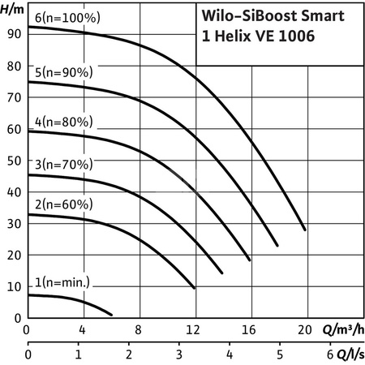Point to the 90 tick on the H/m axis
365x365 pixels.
[x=12, y=34]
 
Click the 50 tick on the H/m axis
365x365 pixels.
[x=12, y=161]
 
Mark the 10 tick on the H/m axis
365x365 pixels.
[x=12, y=286]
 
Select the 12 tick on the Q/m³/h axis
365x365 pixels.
[x=194, y=330]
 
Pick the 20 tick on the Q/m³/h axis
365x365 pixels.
[x=305, y=330]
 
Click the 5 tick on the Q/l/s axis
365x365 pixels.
[x=280, y=355]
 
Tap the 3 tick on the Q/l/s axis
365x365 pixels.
[x=179, y=355]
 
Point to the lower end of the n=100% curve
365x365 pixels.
[x=305, y=230]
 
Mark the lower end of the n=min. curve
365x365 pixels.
[x=111, y=314]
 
